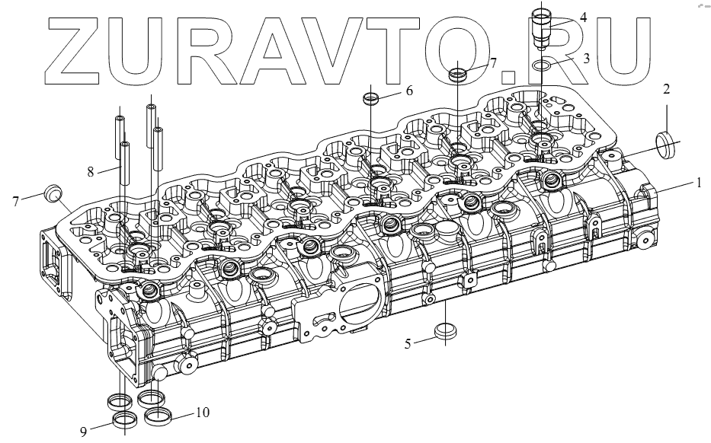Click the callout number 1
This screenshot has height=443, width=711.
pos(698,183)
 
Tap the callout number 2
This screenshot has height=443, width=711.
pos(666,89)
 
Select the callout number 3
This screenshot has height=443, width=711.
pos(586,59)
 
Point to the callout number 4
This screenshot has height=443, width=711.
pos(583,18)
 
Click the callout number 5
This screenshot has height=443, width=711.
pos(408,344)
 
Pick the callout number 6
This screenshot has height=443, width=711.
pos(409,91)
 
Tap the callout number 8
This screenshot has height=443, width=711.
pos(91,172)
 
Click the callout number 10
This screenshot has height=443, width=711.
pos(203,413)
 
